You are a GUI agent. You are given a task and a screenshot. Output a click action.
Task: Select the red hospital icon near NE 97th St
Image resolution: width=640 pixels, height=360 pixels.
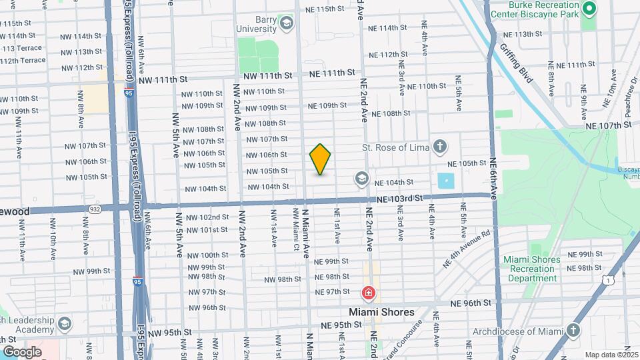pos(367,293)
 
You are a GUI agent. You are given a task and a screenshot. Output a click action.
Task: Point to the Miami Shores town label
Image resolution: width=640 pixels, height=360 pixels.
pos(382,312)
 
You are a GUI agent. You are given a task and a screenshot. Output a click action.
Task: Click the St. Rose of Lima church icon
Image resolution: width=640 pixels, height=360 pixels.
pos(439,146)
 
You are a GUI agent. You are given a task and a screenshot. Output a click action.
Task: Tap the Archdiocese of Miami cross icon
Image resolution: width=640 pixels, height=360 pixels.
pos(573,330)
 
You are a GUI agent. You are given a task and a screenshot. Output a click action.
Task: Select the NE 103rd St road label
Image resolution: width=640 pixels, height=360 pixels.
pos(399,198)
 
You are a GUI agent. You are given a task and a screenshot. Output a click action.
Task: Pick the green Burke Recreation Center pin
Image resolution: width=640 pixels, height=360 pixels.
pos(589,9)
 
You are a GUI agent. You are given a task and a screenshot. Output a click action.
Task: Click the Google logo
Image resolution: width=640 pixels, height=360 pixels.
pos(22,351)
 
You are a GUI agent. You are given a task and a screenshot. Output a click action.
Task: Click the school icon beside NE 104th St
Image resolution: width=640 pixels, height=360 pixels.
pos(361,178)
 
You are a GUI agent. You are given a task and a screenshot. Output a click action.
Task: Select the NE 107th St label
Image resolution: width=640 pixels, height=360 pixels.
pos(608,125)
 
